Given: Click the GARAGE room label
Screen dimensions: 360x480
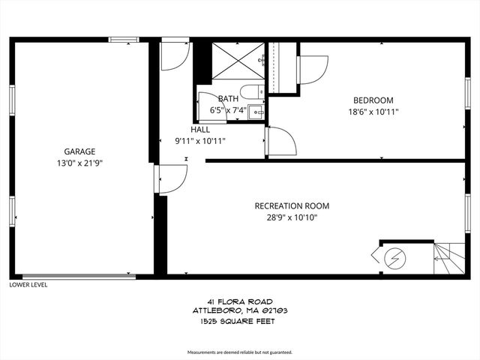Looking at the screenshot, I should pos(79,151).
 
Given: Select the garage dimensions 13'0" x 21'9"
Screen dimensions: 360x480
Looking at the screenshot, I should pos(79,162).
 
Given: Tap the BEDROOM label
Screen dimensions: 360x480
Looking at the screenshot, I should pos(373,100).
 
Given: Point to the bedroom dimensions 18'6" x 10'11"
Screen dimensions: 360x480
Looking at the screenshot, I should pos(373,112).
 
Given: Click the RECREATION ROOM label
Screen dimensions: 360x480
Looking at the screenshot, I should pos(292,206).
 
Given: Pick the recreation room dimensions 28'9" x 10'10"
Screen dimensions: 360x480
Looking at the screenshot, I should pos(292,217).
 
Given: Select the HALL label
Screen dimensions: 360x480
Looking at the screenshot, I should pos(199,129).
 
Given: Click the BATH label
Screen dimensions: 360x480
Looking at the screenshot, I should pos(228,99).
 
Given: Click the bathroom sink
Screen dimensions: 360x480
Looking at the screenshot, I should pos(256,113).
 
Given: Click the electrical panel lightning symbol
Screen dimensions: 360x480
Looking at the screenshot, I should pos(394,259).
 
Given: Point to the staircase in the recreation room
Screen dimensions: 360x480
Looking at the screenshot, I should pos(448,259).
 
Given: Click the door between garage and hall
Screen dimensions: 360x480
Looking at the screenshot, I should pos(171,178).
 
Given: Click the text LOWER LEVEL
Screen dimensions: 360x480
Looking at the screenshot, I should pos(28,285).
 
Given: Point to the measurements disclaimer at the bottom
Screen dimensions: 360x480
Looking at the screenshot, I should pos(239,352).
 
